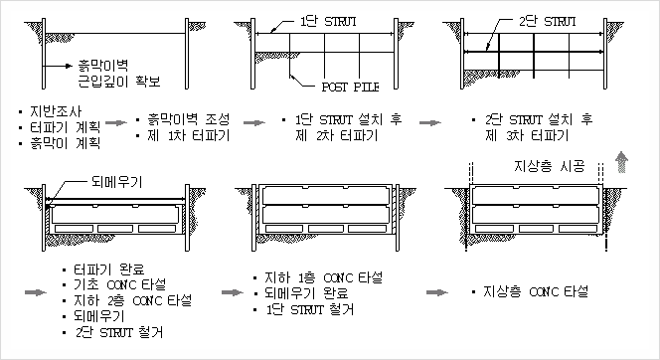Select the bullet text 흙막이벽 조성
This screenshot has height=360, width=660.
tap(180, 118)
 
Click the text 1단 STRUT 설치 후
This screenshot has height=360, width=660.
tap(340, 118)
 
